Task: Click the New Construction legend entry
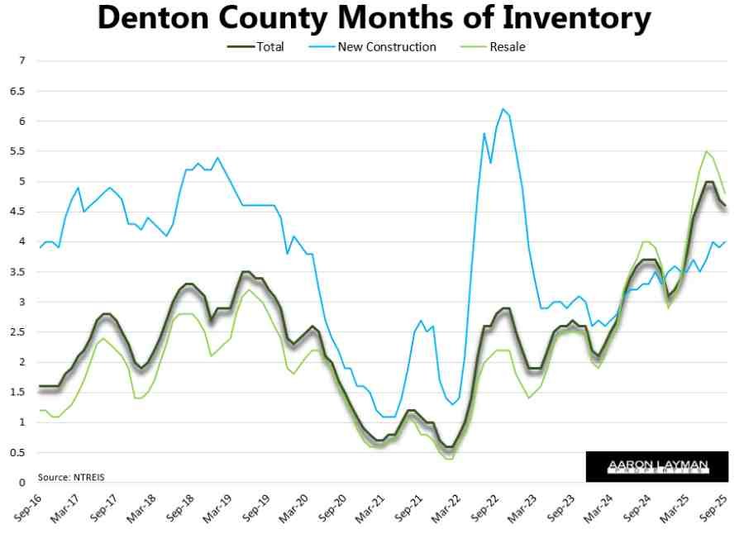(386, 46)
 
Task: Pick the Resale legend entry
(506, 46)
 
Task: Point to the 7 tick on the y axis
(23, 61)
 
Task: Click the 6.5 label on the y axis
(19, 91)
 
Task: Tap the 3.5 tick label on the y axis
(19, 272)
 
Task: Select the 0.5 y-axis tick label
(19, 452)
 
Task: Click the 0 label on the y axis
(23, 483)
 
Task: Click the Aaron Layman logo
(657, 466)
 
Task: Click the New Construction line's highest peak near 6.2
(502, 108)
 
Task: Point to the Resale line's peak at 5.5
(706, 151)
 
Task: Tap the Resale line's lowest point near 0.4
(450, 458)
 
